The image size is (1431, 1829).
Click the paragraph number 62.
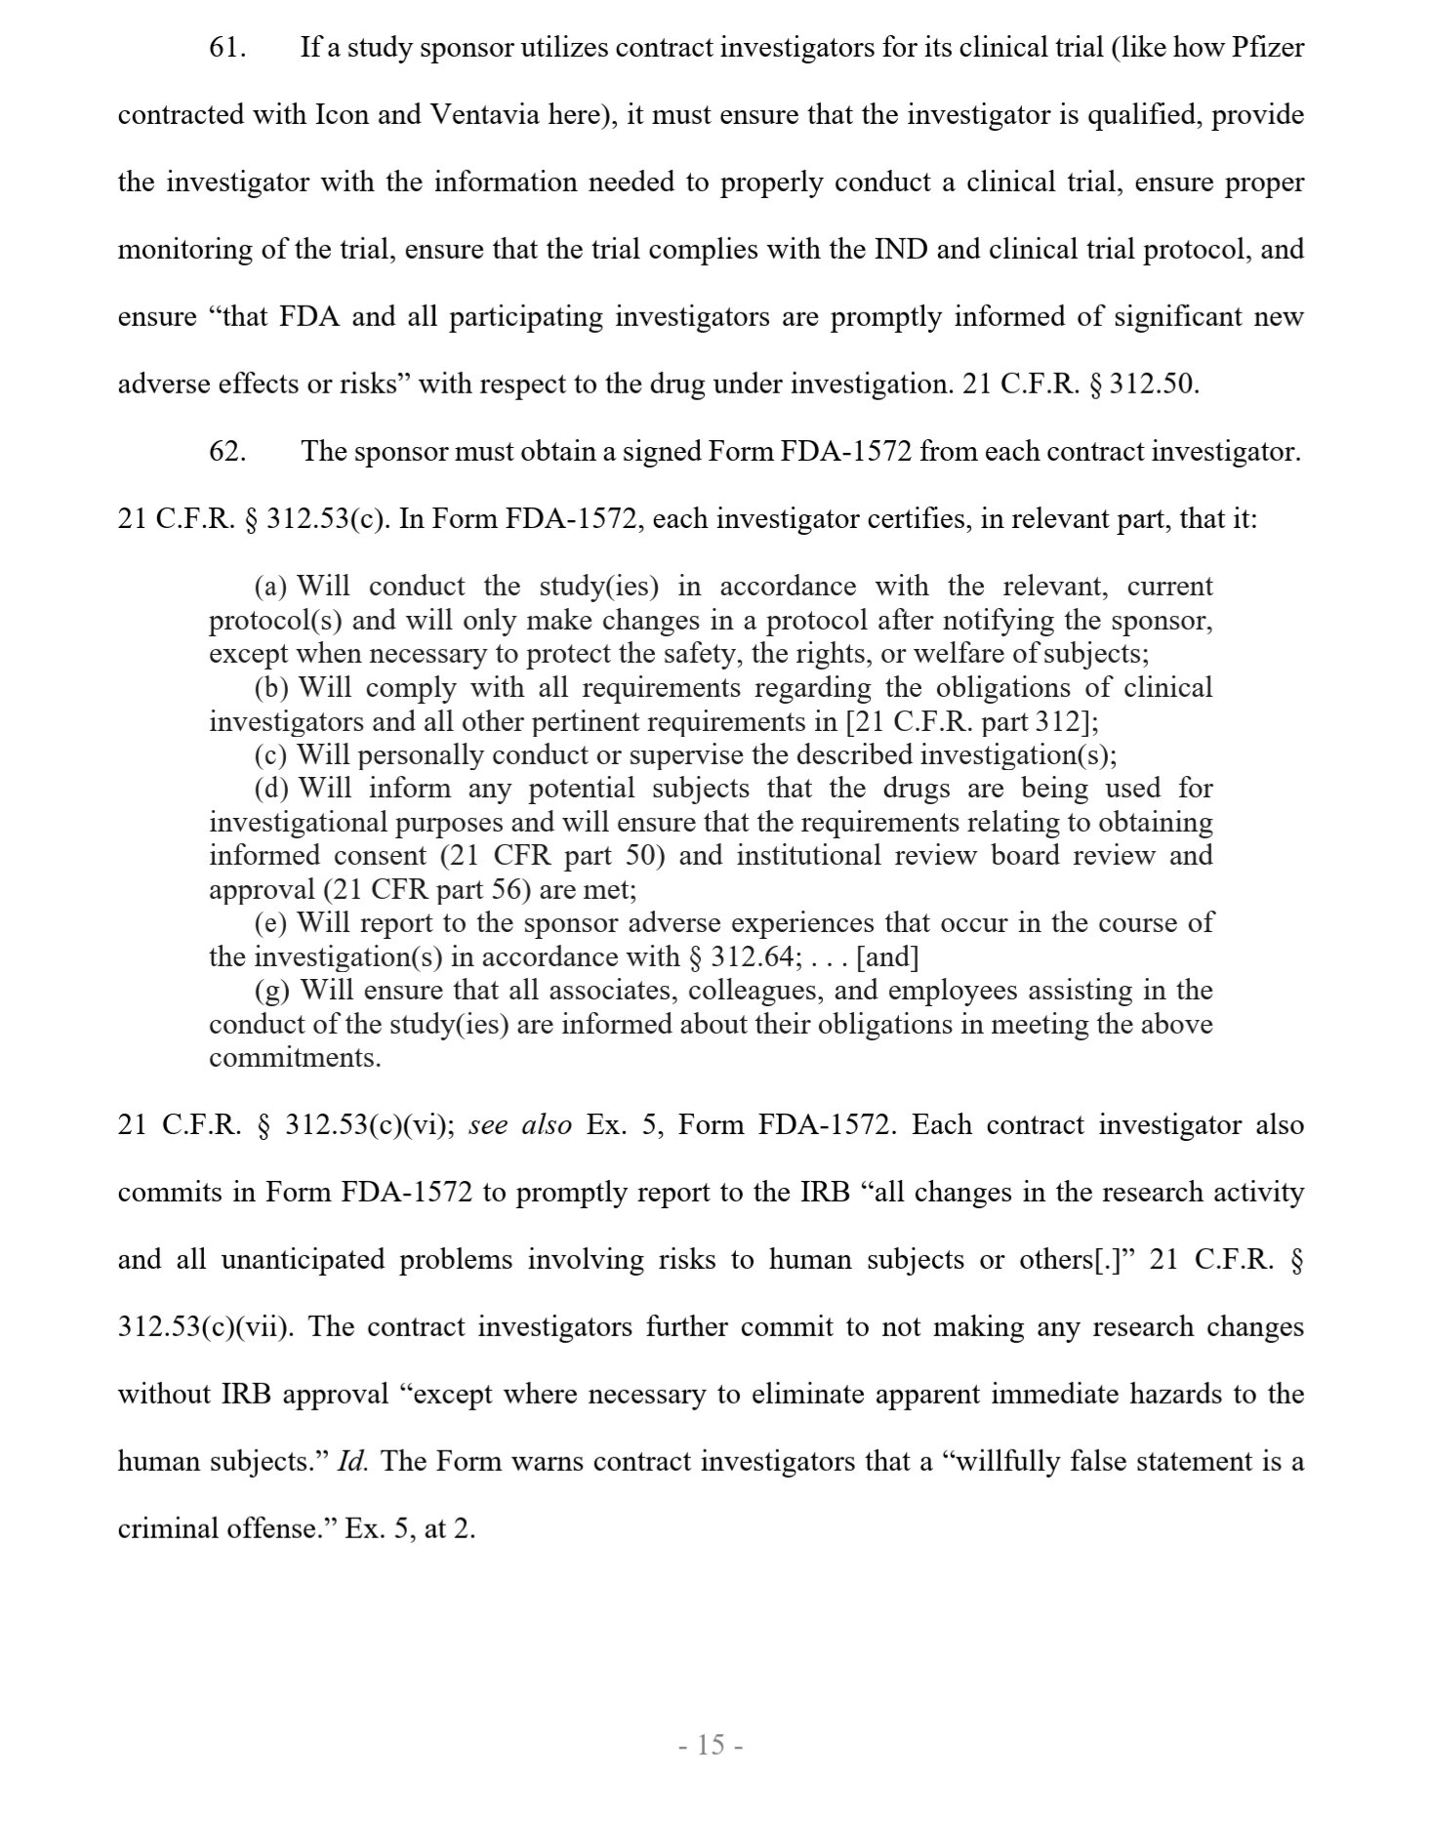click(x=226, y=452)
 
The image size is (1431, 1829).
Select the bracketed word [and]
click(x=887, y=957)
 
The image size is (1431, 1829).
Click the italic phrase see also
click(x=520, y=1125)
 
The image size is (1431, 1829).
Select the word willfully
click(x=1025, y=1462)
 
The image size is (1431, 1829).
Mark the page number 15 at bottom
click(x=711, y=1744)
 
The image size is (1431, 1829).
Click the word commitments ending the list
click(x=295, y=1058)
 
